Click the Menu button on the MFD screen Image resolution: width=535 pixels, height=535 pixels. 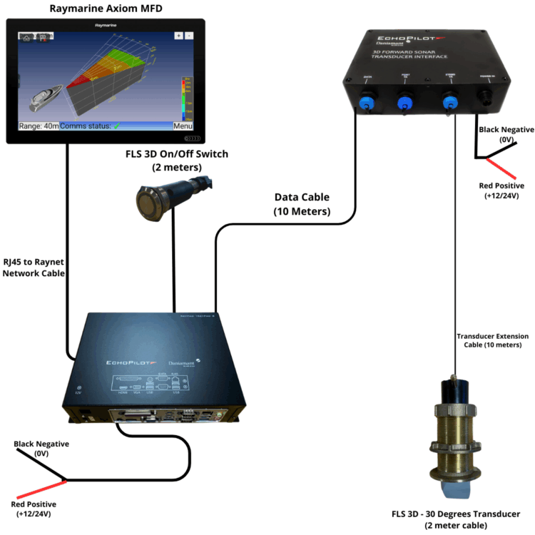tap(183, 126)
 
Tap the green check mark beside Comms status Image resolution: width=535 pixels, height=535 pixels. tap(117, 126)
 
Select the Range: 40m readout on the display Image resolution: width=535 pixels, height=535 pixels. tap(39, 126)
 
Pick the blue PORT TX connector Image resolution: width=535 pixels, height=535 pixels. tap(406, 102)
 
